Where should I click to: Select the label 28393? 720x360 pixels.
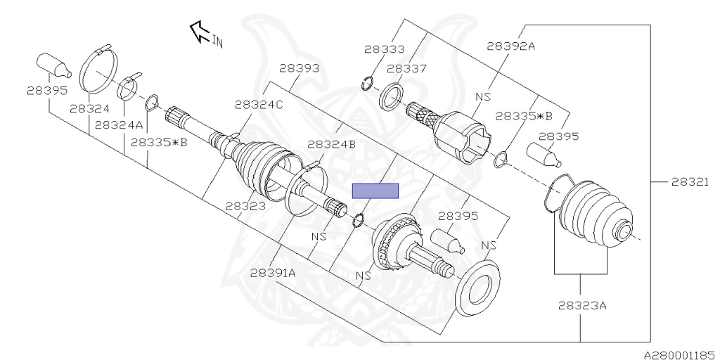coord(299,68)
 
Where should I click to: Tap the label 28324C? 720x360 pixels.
coord(259,104)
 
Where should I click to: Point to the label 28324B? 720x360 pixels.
coord(331,144)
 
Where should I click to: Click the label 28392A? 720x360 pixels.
coord(511,46)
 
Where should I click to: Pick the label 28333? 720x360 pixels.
coord(385,49)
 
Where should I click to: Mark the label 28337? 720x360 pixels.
coord(407,68)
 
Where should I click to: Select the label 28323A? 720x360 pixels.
coord(582,306)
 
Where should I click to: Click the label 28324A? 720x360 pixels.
coord(119,124)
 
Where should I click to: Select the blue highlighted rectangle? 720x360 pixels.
coord(375,191)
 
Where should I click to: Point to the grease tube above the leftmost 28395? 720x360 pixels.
coord(54,65)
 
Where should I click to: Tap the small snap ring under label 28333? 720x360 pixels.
coord(366,86)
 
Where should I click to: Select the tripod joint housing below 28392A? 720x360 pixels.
coord(461,137)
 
